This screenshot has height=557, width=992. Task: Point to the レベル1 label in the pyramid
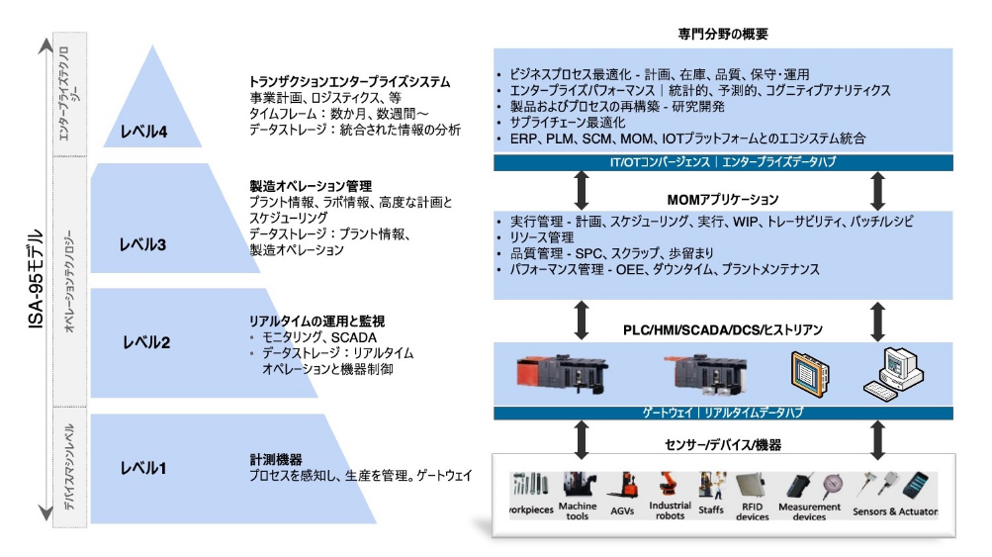[x=143, y=467]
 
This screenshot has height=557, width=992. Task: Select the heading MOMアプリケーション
[x=724, y=199]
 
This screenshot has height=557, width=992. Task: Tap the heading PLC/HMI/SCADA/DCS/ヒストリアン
[x=723, y=328]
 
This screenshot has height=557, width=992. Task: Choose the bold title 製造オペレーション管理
[x=311, y=185]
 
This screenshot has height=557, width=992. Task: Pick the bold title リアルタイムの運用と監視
[x=316, y=322]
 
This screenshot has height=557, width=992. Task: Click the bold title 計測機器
[x=276, y=460]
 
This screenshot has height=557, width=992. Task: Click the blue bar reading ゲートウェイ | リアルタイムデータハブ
[x=723, y=411]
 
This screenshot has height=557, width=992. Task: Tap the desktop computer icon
[x=896, y=373]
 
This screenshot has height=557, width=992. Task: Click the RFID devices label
[x=753, y=511]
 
